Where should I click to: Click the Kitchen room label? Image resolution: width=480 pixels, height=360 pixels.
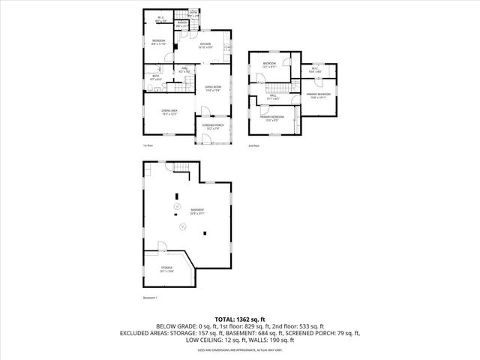[205, 44]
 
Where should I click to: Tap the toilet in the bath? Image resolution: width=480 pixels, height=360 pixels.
[151, 88]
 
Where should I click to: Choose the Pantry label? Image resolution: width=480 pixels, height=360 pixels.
[181, 23]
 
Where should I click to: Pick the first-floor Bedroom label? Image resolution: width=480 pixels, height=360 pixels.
[159, 41]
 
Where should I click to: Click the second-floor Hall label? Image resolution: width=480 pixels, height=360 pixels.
[274, 96]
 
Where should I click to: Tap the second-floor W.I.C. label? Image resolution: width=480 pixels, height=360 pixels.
[314, 70]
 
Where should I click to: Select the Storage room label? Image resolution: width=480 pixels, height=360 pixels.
[166, 268]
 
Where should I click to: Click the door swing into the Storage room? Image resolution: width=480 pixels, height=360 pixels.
[162, 247]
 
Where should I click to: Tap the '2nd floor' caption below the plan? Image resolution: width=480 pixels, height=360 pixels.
[253, 145]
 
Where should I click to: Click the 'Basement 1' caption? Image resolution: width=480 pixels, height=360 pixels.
[151, 298]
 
